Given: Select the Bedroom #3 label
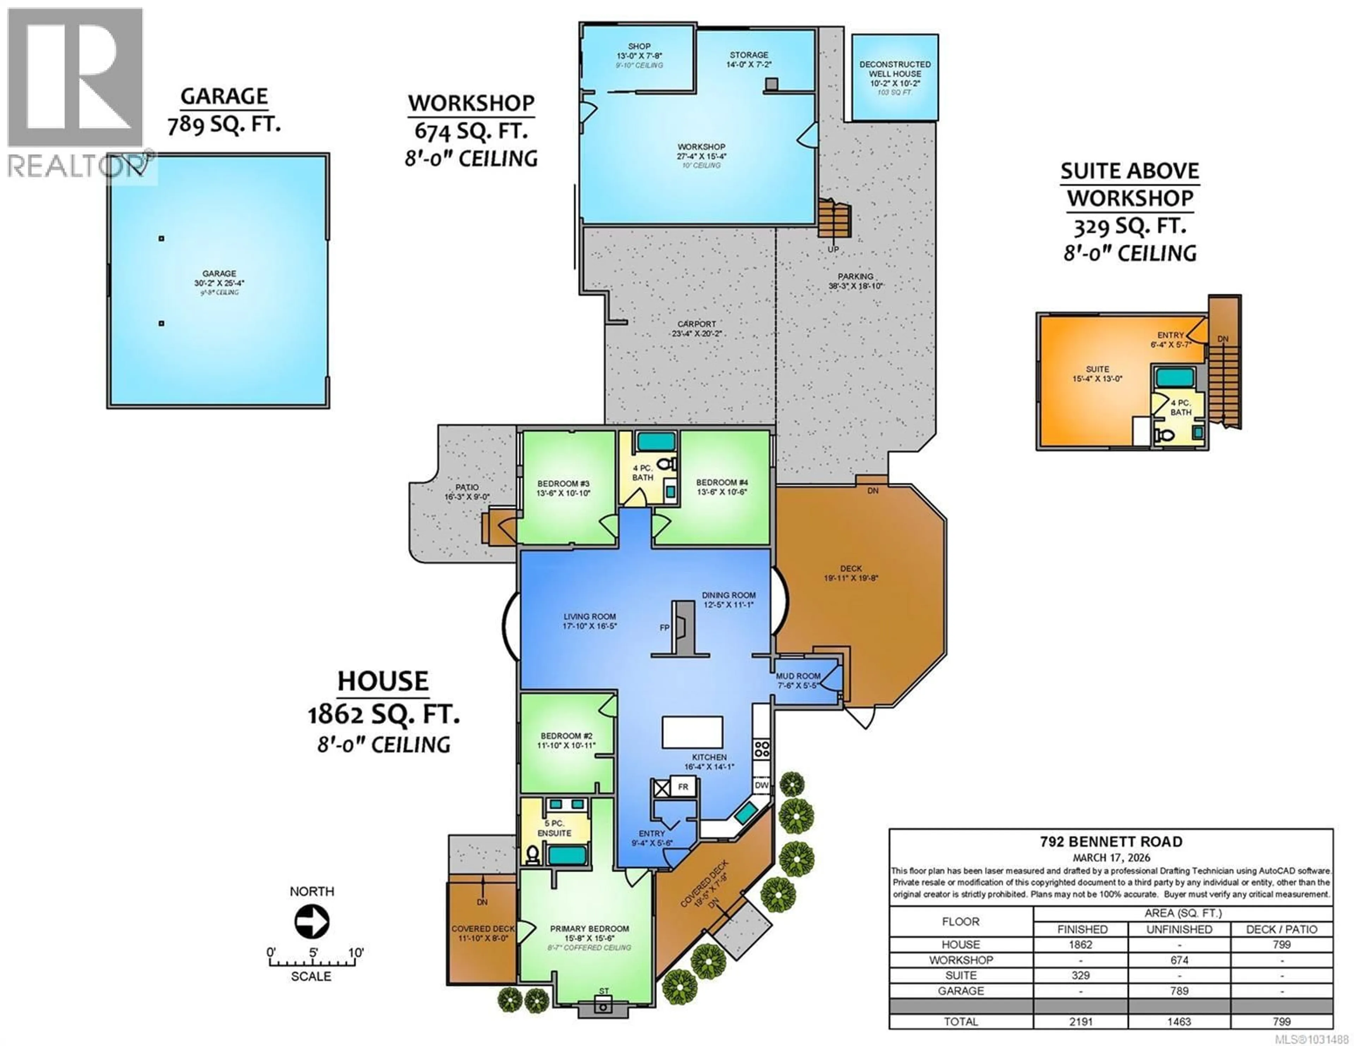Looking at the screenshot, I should [563, 488].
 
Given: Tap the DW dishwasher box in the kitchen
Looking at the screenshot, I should [761, 785].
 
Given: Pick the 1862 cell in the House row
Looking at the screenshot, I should [1081, 944].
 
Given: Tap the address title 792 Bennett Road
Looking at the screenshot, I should [1111, 842].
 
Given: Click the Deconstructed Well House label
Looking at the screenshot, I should [895, 73].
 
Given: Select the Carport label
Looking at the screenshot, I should [696, 328].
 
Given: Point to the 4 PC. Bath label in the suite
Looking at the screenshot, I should [1181, 407].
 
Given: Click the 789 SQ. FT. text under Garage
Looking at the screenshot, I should [224, 125].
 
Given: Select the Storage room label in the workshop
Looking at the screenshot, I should [749, 59].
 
